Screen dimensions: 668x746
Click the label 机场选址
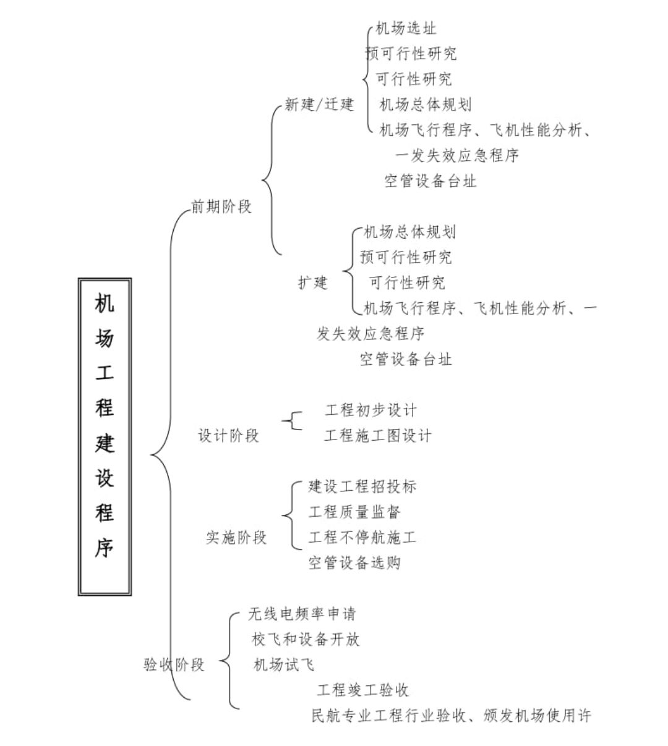pos(406,28)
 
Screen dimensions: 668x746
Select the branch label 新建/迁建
pos(319,104)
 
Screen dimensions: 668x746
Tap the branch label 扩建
pos(312,282)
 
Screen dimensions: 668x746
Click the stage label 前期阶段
pos(221,206)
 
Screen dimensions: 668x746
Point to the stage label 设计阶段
pos(228,436)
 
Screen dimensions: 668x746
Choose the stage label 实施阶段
pos(236,538)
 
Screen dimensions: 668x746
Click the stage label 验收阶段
pos(174,664)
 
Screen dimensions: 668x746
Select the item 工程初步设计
pos(370,410)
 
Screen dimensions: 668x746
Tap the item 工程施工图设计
pos(378,436)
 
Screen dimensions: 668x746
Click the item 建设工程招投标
pos(362,486)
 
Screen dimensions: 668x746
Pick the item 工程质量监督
pos(354,512)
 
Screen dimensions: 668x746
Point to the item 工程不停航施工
pos(362,537)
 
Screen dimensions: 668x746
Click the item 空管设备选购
pos(354,562)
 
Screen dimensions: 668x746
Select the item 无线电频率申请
pos(302,614)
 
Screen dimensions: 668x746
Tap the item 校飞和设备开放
pos(306,639)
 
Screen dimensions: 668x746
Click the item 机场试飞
pos(284,664)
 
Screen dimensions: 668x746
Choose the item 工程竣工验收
pos(362,690)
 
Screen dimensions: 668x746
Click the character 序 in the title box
pos(105,548)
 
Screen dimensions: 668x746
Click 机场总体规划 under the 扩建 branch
pos(409,232)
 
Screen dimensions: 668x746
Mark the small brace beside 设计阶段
pos(292,421)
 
